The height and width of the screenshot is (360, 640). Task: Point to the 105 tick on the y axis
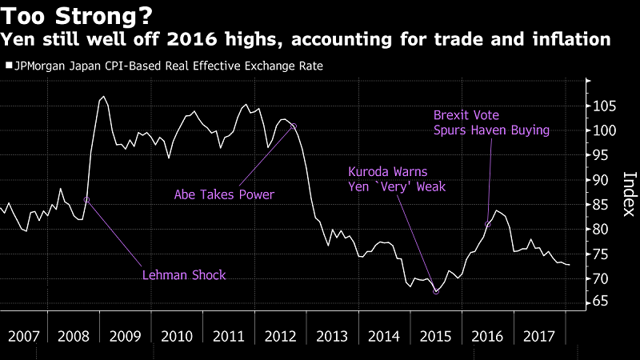604,106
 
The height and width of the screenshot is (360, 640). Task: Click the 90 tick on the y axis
604,180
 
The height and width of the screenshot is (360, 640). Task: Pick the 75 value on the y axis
604,254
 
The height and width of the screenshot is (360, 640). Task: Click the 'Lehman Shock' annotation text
185,274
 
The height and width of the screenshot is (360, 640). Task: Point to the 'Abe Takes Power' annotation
224,194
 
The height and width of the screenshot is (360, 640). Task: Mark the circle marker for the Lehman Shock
86,199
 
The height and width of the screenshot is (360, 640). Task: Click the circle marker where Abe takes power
294,126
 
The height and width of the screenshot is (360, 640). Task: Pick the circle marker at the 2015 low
436,291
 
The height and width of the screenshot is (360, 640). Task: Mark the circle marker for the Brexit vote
488,224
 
